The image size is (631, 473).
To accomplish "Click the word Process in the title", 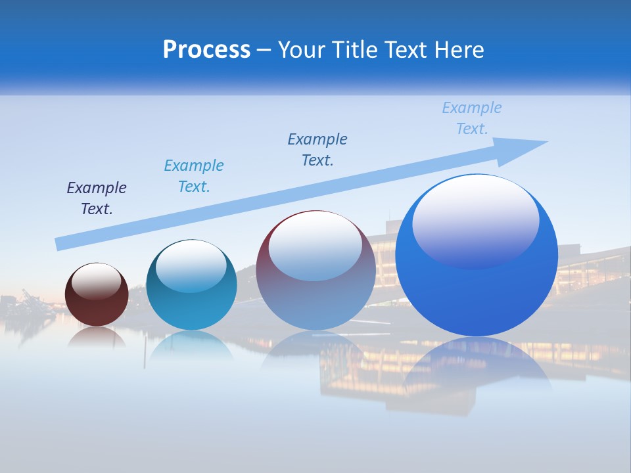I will pyautogui.click(x=206, y=50).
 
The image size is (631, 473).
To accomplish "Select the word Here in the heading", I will pyautogui.click(x=459, y=50).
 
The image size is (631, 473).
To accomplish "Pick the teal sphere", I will pyautogui.click(x=191, y=302).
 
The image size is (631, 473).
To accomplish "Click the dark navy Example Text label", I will pyautogui.click(x=97, y=198).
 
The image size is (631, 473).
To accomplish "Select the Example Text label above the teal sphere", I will pyautogui.click(x=194, y=176).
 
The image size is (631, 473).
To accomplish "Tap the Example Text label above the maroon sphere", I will pyautogui.click(x=317, y=150).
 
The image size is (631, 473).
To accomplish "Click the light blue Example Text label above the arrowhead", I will pyautogui.click(x=472, y=118).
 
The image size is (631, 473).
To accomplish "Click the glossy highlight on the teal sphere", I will pyautogui.click(x=191, y=266).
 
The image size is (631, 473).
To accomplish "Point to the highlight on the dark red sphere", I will pyautogui.click(x=97, y=282).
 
